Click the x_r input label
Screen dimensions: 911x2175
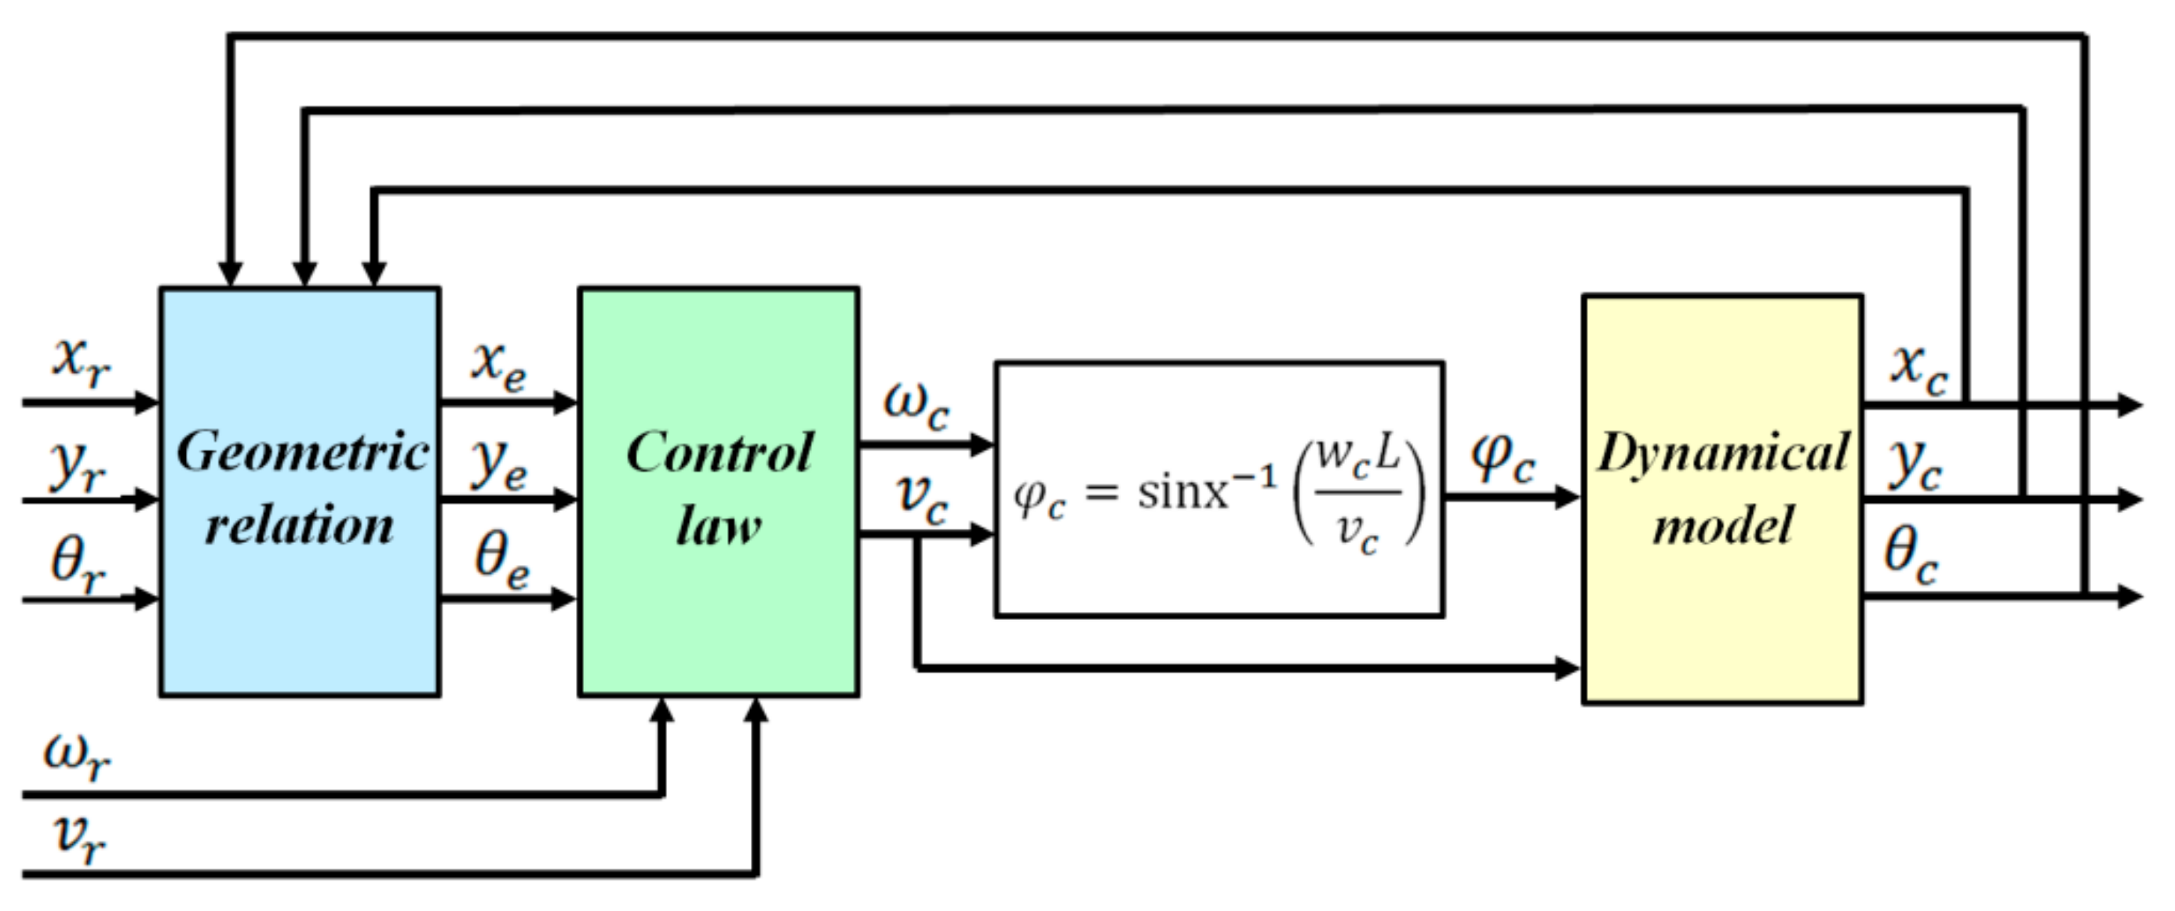(x=81, y=363)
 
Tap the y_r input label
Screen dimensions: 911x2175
(x=78, y=467)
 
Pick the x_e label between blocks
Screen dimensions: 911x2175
(x=499, y=366)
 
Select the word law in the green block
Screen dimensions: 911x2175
(x=718, y=525)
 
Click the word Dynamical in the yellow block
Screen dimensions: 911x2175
(x=1722, y=453)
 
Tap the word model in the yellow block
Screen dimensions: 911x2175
(x=1722, y=525)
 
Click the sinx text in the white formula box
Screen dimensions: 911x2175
(x=1182, y=491)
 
